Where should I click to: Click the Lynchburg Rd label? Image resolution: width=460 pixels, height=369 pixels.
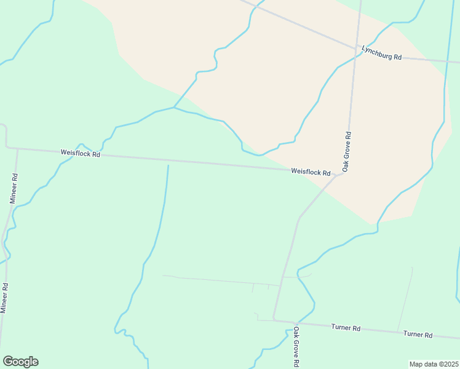381,52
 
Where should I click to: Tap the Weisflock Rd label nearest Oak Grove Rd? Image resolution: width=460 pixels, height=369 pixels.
311,172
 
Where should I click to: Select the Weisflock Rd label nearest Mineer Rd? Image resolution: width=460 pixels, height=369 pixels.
80,153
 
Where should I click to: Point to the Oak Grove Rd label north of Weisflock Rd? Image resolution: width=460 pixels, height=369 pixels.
347,151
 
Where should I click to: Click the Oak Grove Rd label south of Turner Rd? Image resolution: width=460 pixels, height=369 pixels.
296,347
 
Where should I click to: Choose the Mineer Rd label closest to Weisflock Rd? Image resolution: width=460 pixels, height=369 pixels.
14,188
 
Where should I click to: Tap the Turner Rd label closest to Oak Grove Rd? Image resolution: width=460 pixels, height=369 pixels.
345,328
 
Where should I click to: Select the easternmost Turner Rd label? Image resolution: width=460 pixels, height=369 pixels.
418,335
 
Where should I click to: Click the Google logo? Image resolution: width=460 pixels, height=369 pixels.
20,362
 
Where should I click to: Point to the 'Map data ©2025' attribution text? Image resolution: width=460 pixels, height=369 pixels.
434,364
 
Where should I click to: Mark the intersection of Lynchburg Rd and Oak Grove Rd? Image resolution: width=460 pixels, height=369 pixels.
355,48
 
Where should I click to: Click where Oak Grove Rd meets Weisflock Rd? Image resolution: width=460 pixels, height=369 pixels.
341,174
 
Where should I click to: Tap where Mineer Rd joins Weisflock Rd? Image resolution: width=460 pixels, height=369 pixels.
18,149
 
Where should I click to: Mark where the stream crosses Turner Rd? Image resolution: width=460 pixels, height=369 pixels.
296,323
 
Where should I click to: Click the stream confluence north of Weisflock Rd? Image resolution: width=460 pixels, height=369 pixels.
174,108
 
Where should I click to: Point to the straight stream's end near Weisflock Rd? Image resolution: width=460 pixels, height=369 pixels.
168,165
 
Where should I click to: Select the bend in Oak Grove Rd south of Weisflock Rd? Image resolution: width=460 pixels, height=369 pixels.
299,217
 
